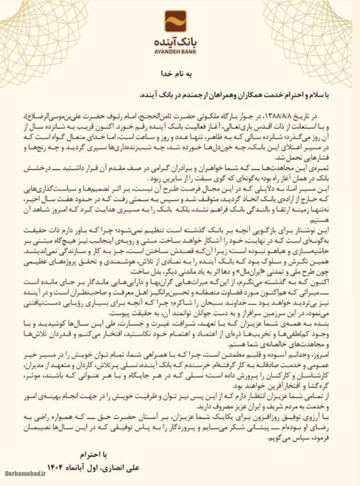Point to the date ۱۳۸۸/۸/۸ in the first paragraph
[x=276, y=113]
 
